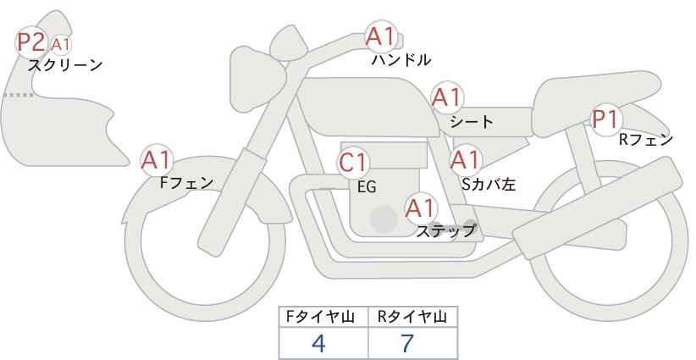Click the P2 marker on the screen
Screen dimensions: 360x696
31,42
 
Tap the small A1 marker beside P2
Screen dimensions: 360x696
60,44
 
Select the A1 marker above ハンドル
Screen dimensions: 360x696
381,36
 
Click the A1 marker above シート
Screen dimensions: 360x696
446,97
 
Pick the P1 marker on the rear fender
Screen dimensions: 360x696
605,119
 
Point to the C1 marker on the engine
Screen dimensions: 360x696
353,162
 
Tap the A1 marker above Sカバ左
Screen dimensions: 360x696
465,159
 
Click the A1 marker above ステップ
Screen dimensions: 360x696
420,207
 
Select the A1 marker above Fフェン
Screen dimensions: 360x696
157,158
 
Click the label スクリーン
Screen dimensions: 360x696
65,64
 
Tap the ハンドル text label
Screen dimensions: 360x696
401,59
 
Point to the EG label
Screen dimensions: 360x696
367,186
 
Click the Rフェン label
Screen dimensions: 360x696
646,140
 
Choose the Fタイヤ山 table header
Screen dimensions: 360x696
323,318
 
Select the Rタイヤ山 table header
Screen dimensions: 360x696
413,318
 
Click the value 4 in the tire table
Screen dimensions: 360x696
318,343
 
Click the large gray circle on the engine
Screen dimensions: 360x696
384,219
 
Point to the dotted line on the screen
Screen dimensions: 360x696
18,95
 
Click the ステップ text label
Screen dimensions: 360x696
445,230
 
